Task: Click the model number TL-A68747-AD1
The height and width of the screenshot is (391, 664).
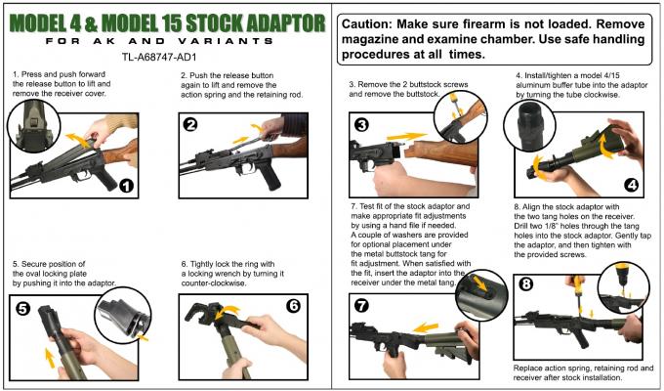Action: (159, 57)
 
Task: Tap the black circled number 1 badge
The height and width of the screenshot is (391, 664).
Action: (126, 186)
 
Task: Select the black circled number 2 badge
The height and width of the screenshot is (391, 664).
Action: (190, 124)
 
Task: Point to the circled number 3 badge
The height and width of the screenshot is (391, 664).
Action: (361, 125)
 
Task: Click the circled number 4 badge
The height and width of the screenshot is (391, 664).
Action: (632, 185)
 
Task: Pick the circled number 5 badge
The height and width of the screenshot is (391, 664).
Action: (22, 308)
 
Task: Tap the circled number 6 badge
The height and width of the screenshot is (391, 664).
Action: (293, 305)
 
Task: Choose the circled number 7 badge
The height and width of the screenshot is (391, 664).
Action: (361, 305)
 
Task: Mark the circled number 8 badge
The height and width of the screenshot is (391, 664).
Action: (526, 283)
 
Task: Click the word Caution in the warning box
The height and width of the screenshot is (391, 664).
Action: (366, 24)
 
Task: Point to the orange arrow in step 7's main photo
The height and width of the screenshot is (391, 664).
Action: (425, 327)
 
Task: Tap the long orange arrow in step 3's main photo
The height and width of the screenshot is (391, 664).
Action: (406, 136)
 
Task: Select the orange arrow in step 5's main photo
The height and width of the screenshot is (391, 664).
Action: (50, 359)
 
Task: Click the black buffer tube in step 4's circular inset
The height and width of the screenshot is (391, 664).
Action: (529, 126)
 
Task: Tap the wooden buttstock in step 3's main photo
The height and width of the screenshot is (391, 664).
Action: (440, 152)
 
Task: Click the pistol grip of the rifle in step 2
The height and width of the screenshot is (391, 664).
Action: (271, 175)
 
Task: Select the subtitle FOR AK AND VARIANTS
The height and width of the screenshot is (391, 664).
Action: (159, 42)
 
